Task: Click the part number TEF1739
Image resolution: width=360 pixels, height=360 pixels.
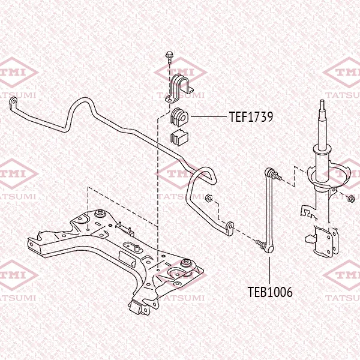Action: pyautogui.click(x=251, y=116)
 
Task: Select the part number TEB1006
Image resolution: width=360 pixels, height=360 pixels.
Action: pyautogui.click(x=270, y=292)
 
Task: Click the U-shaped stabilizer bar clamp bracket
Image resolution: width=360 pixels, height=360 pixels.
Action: pyautogui.click(x=179, y=88)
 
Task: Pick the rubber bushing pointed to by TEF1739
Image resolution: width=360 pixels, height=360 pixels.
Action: pyautogui.click(x=179, y=117)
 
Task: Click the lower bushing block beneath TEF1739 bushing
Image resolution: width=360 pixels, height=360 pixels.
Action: pyautogui.click(x=179, y=137)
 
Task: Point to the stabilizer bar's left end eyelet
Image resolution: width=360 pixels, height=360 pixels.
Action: pyautogui.click(x=13, y=101)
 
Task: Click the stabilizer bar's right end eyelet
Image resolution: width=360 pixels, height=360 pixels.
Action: pyautogui.click(x=230, y=228)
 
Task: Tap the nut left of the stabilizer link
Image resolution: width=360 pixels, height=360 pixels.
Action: pyautogui.click(x=208, y=198)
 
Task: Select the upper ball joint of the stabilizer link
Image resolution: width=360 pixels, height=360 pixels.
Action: pyautogui.click(x=269, y=172)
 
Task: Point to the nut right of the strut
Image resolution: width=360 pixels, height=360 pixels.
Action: pyautogui.click(x=351, y=199)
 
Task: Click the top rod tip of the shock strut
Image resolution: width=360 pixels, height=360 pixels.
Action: pyautogui.click(x=322, y=103)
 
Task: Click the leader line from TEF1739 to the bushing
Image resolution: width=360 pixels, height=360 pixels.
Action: pyautogui.click(x=208, y=117)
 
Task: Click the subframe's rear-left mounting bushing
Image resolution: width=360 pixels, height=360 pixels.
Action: pyautogui.click(x=100, y=213)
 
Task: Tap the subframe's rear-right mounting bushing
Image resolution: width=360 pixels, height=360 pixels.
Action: pyautogui.click(x=186, y=263)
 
